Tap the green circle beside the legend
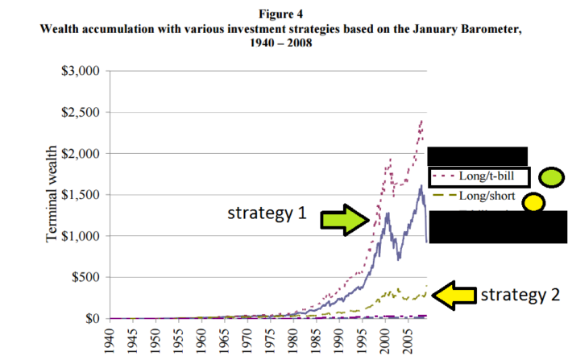550,177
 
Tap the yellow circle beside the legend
532,202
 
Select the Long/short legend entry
475,196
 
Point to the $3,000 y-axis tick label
80,71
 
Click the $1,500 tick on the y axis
80,195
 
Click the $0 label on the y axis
90,319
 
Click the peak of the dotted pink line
421,121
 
